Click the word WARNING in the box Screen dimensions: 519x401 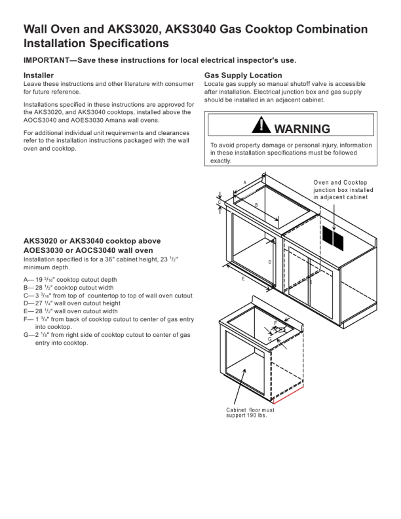click(302, 128)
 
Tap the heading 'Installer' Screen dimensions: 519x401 click(38, 75)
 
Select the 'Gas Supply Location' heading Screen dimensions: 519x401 click(243, 75)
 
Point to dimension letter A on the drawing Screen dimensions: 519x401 click(244, 182)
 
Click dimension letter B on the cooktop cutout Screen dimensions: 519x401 click(256, 205)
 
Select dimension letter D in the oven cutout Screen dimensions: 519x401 click(269, 261)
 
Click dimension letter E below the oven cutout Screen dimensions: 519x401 click(243, 279)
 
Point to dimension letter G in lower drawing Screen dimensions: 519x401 click(269, 339)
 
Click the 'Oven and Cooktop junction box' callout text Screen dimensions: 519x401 click(341, 189)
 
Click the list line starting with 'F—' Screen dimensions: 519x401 click(108, 319)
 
